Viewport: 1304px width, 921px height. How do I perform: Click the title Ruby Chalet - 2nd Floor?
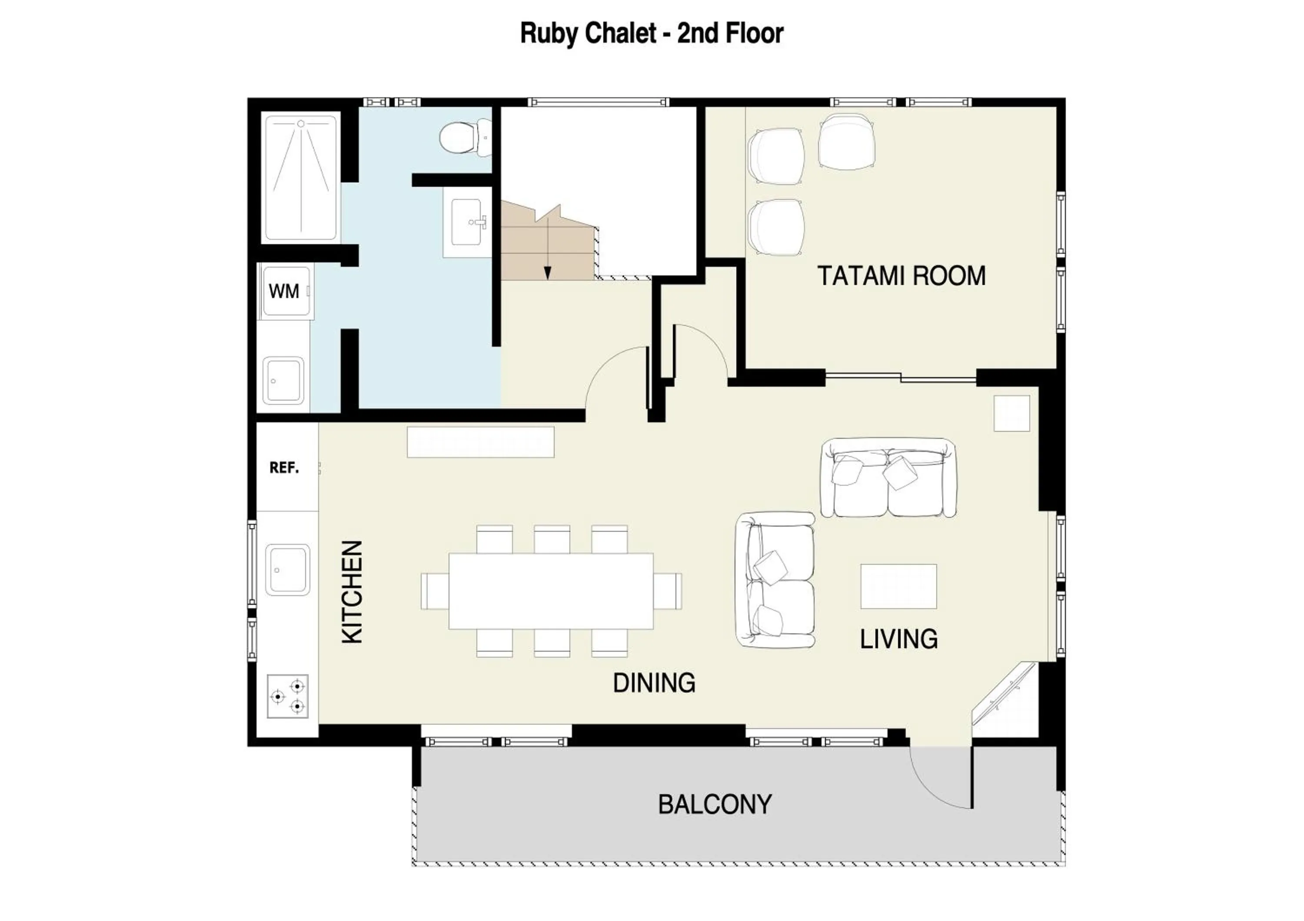(652, 33)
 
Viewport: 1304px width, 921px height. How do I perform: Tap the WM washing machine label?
(283, 291)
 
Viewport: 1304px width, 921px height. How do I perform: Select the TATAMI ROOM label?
(901, 276)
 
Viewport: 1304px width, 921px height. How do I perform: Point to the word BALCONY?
(715, 804)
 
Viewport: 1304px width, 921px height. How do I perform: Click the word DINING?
(654, 682)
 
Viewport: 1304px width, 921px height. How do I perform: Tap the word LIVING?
(898, 639)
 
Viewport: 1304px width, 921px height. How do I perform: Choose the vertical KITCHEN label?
(352, 592)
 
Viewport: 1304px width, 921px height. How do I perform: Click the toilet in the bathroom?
(463, 138)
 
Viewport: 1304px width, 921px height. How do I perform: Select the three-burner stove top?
(288, 696)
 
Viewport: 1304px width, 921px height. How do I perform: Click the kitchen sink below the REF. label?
(287, 569)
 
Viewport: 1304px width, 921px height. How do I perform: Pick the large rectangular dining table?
(550, 591)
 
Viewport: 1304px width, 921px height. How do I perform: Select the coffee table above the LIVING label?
(898, 586)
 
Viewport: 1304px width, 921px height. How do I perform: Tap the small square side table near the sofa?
(1011, 414)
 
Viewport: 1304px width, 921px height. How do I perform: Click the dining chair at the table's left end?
(435, 591)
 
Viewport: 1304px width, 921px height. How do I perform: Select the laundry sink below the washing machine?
(283, 380)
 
